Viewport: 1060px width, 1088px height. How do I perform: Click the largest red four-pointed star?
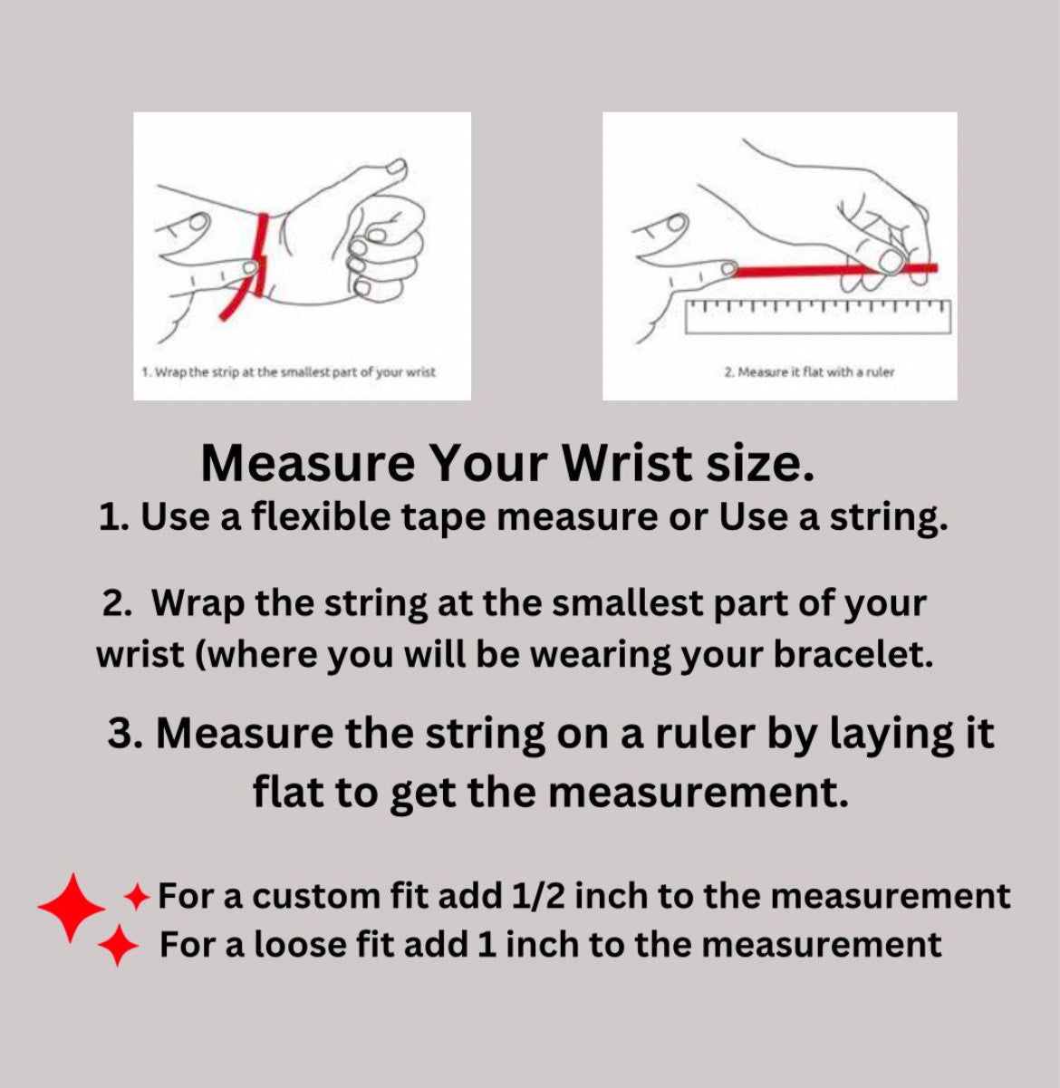[71, 908]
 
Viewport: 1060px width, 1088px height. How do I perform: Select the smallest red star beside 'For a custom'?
[137, 897]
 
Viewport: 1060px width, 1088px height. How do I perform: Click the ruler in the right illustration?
[818, 317]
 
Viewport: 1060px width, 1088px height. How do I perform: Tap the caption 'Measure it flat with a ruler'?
[809, 371]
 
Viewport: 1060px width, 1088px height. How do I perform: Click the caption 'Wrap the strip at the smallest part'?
[288, 371]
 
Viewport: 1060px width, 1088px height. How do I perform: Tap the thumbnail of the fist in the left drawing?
[398, 166]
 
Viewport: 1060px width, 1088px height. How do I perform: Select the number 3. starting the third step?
[126, 733]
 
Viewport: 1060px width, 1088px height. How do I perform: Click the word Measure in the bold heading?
[308, 464]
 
